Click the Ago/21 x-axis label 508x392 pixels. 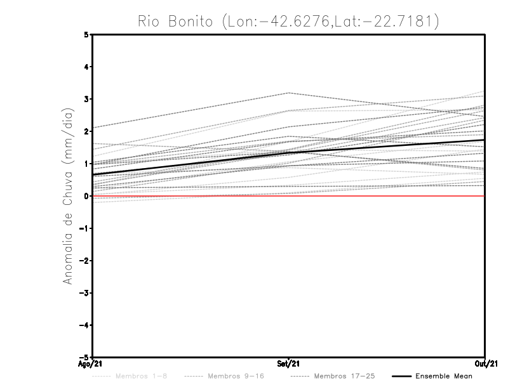pyautogui.click(x=91, y=365)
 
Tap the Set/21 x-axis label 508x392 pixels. pyautogui.click(x=289, y=365)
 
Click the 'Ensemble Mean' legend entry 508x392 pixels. pyautogui.click(x=443, y=376)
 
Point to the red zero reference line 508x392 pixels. pyautogui.click(x=381, y=196)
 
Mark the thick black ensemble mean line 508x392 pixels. pyautogui.click(x=190, y=163)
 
